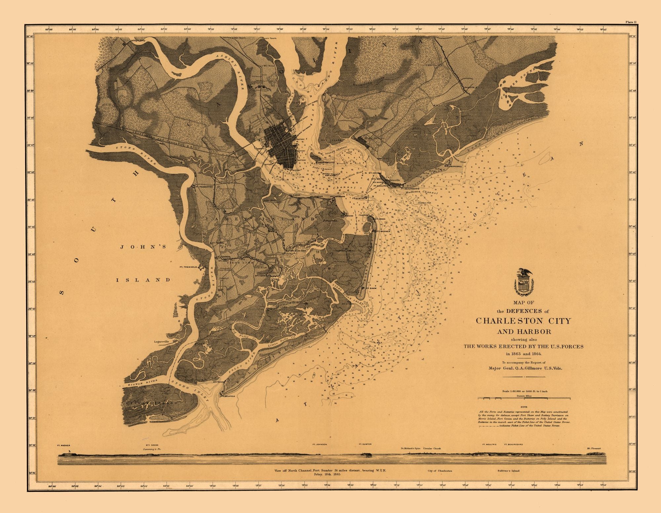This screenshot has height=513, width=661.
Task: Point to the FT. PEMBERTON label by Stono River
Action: click(x=204, y=186)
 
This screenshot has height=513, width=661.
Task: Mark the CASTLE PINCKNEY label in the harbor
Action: click(x=326, y=163)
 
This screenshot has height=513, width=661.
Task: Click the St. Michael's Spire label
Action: click(x=410, y=449)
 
